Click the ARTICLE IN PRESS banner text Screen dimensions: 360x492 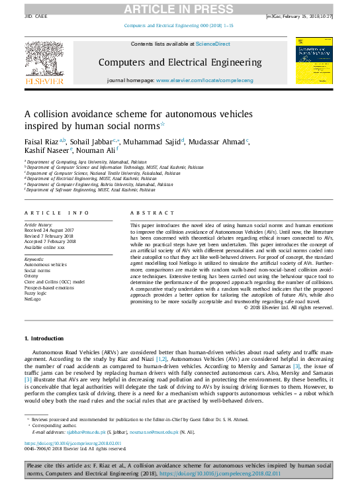coord(179,7)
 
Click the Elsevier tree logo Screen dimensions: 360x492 coord(44,58)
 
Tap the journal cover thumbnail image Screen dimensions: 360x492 coord(314,60)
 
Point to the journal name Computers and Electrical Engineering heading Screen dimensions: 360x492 coord(180,62)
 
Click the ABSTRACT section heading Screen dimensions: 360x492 coord(144,213)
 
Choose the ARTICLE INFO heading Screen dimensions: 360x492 coord(57,213)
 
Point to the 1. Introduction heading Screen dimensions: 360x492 coord(44,338)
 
